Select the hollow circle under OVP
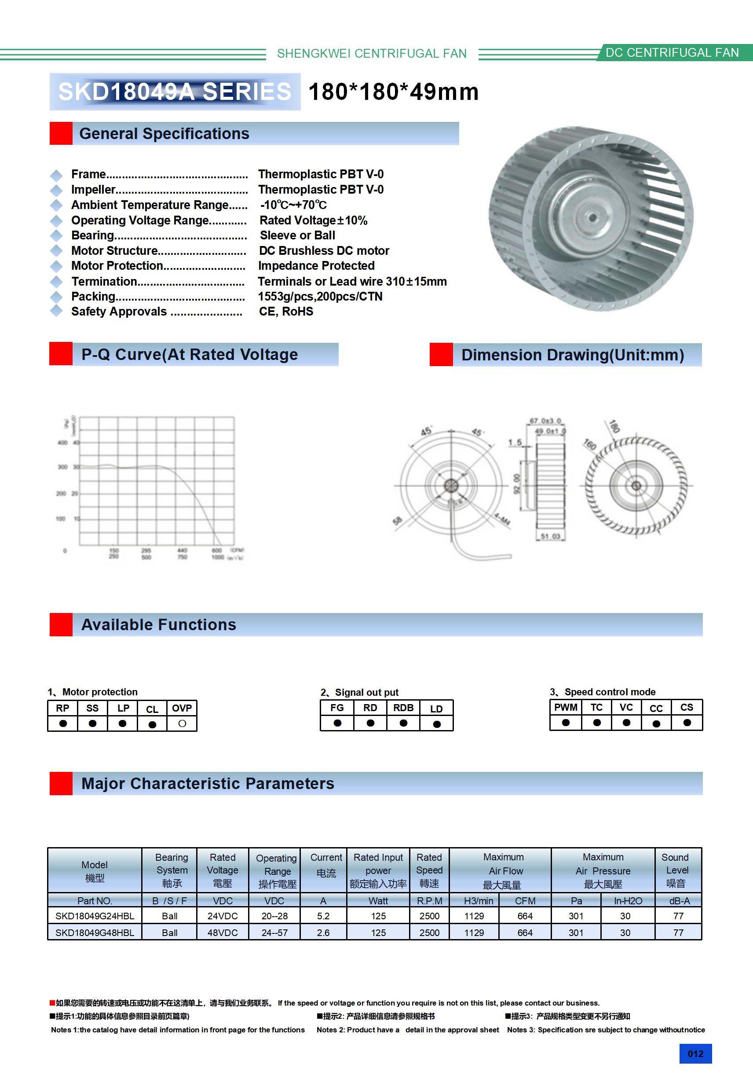182,723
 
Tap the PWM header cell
565,707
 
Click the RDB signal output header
403,708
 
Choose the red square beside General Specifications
61,133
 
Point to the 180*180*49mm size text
393,92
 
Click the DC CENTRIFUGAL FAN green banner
672,52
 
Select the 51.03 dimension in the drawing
550,536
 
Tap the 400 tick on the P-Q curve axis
62,442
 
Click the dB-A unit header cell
679,900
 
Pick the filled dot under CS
687,722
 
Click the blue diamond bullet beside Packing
56,297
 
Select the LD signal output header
436,709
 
